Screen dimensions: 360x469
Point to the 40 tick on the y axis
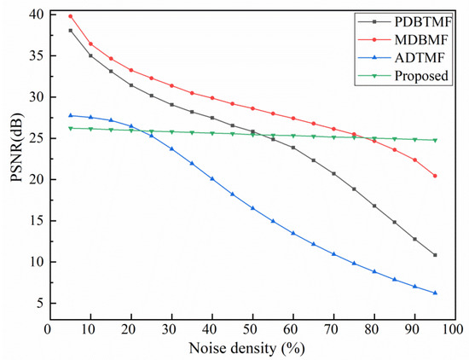pos(32,15)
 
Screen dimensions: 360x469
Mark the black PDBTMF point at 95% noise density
pos(435,255)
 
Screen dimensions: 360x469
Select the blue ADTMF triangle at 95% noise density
pos(435,293)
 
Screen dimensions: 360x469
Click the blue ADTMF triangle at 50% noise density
pos(252,208)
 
